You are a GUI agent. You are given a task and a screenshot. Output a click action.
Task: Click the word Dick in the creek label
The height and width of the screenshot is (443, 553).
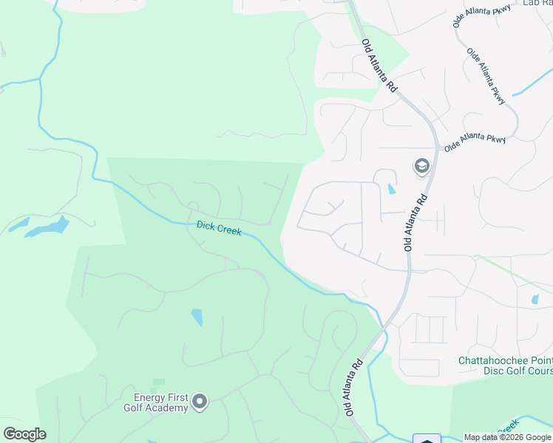click(206, 226)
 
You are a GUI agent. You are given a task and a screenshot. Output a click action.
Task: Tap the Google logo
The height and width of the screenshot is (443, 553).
click(24, 434)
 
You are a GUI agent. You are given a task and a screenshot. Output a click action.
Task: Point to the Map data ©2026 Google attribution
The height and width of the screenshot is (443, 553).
click(507, 437)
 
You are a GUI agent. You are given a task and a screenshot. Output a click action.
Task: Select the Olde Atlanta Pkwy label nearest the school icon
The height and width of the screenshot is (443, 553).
click(473, 142)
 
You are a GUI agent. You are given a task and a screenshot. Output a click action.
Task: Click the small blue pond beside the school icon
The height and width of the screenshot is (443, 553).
click(390, 189)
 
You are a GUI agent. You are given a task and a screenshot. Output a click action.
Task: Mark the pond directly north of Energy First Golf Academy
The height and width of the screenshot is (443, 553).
click(197, 317)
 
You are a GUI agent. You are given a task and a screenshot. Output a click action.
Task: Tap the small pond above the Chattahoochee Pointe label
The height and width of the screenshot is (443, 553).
click(535, 300)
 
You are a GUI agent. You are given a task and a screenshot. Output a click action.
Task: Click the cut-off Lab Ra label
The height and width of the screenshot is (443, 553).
click(537, 3)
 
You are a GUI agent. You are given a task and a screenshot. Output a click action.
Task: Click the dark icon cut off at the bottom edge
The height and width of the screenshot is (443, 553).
click(427, 439)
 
